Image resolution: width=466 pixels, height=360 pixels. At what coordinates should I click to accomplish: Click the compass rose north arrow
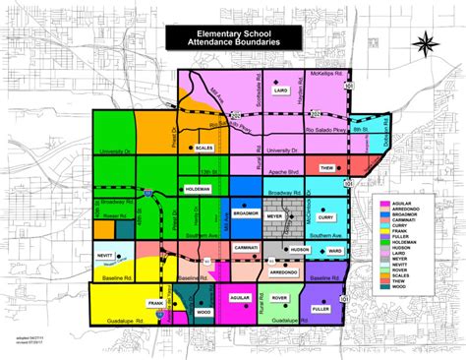coord(425,45)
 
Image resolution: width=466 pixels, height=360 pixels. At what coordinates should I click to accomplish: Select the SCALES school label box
coord(204,148)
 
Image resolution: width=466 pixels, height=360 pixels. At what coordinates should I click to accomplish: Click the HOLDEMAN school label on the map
coord(198,186)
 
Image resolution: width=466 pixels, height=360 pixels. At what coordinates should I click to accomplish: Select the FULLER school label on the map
coord(320,310)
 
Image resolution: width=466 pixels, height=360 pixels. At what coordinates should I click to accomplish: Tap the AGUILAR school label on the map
coord(241,295)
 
